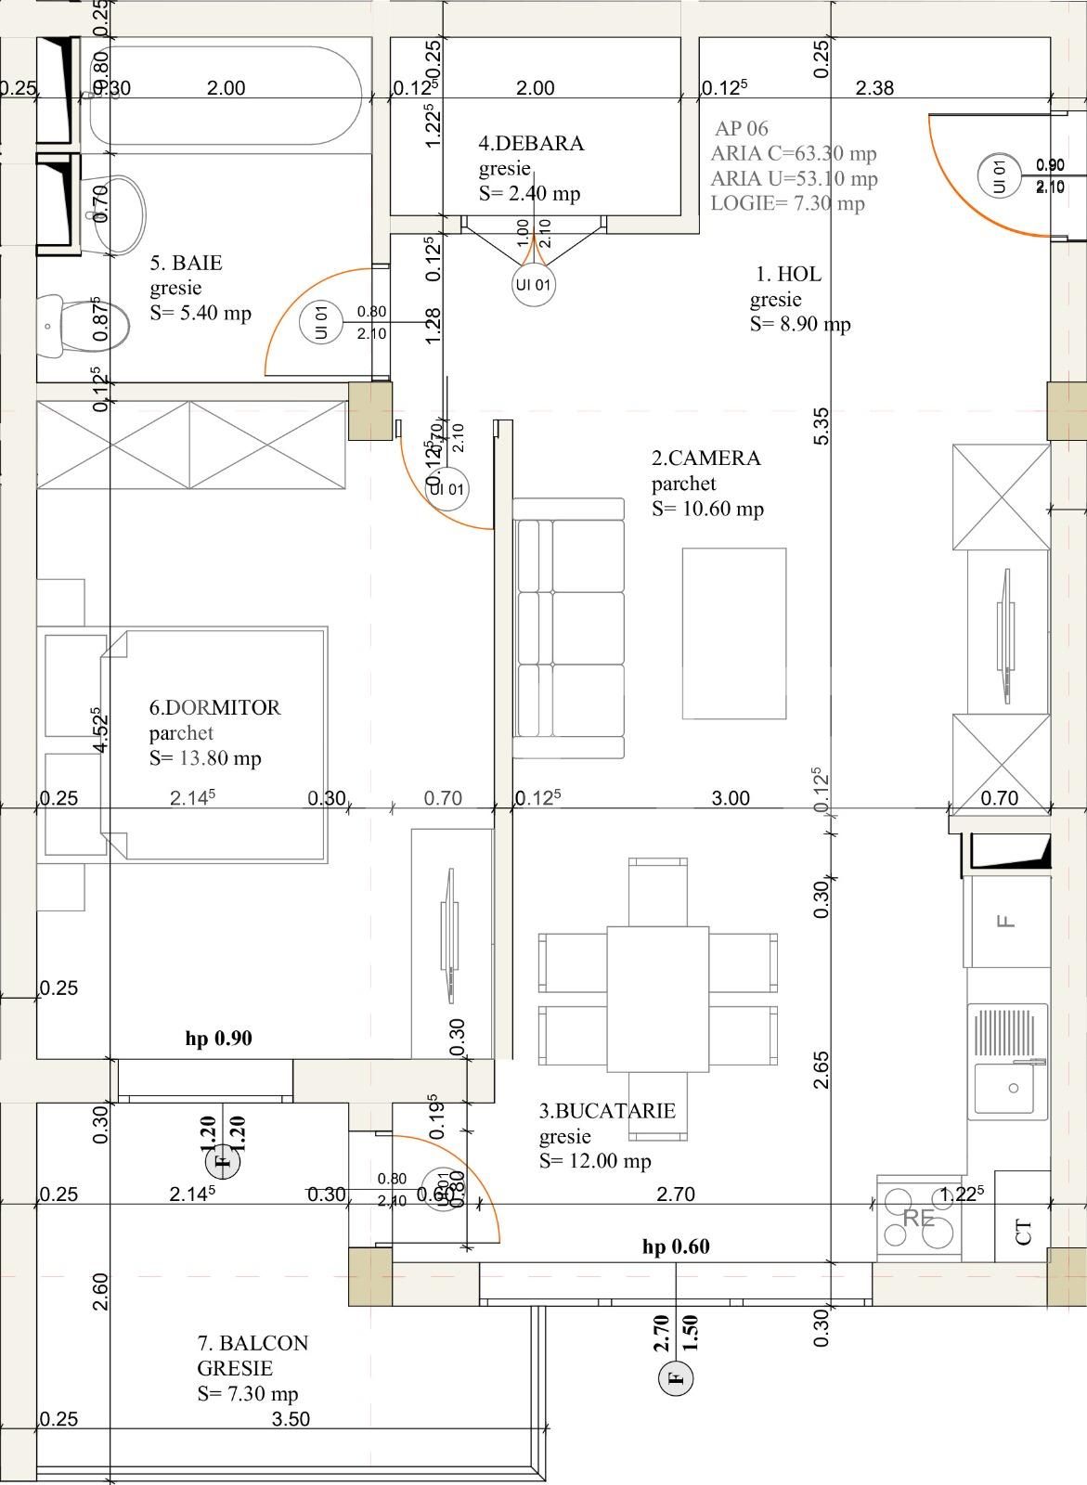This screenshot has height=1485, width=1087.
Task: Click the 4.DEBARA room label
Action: tap(531, 144)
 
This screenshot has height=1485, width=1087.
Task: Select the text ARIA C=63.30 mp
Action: tap(794, 153)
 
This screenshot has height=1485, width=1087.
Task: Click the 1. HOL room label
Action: tap(788, 274)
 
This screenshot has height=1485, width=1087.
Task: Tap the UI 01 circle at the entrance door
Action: tap(999, 175)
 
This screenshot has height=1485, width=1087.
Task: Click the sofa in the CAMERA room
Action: tap(569, 628)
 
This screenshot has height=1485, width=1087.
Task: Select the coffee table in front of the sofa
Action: tap(733, 633)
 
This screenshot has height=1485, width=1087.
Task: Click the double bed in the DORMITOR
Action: tap(214, 742)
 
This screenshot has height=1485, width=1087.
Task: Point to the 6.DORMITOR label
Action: tap(214, 707)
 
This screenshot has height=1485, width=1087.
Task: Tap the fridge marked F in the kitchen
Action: tap(1006, 921)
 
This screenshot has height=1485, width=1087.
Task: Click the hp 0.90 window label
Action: tap(218, 1039)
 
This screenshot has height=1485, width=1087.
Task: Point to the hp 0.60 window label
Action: tap(676, 1246)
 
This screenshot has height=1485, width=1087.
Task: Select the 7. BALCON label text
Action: tap(252, 1343)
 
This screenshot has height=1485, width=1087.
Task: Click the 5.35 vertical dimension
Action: tap(821, 425)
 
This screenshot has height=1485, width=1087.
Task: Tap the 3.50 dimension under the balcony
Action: tap(291, 1418)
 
